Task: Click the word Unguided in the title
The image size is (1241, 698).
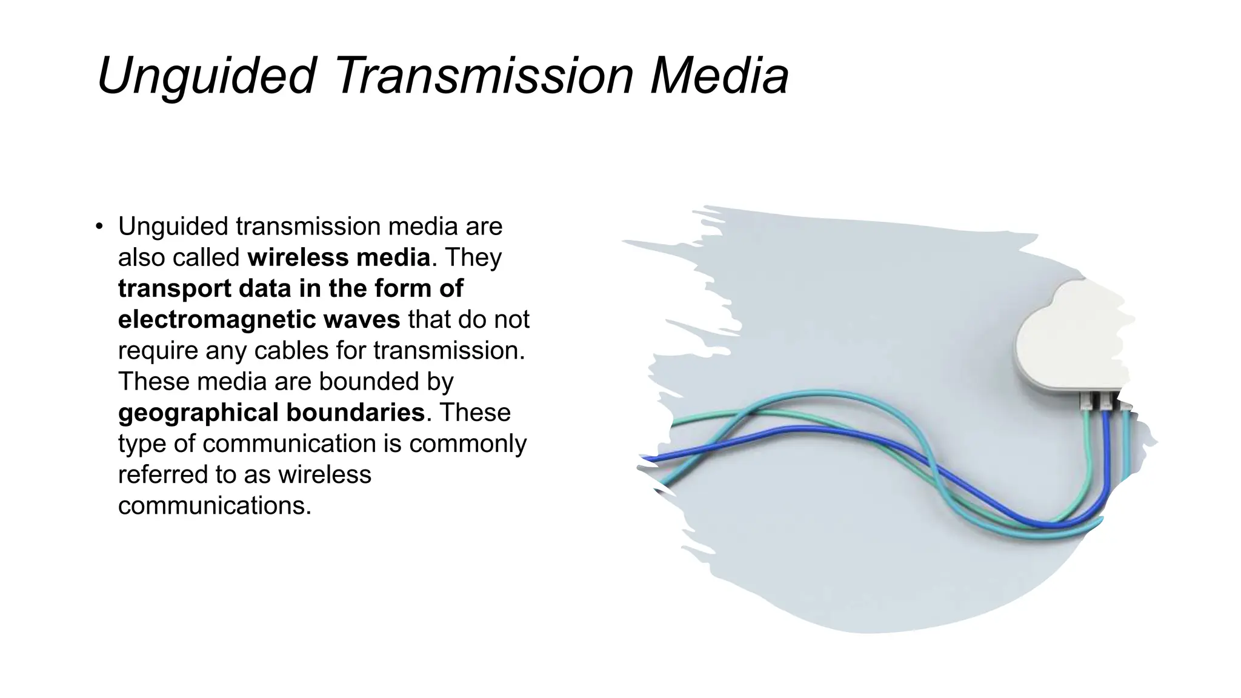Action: (206, 76)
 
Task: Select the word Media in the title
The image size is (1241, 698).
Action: (719, 76)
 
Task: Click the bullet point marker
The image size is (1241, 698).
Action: (99, 227)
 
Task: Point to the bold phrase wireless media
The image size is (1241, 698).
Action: (339, 258)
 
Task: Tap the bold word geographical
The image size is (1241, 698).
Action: (198, 413)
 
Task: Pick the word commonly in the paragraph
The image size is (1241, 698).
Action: (468, 444)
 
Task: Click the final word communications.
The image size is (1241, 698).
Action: (215, 506)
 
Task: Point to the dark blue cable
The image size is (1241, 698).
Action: (788, 430)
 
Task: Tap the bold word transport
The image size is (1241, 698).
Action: (175, 288)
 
